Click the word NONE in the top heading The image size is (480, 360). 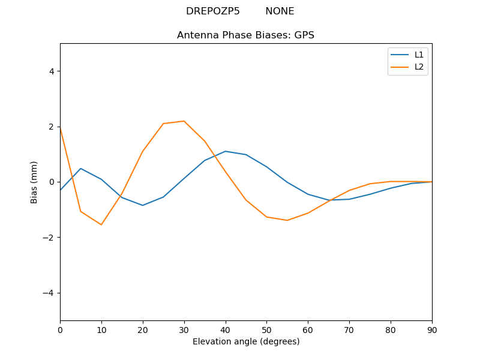pos(280,11)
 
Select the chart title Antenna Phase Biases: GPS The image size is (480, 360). pos(245,35)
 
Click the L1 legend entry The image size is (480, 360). pos(419,55)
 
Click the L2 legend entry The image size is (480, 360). pos(419,67)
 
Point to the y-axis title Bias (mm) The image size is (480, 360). pos(35,182)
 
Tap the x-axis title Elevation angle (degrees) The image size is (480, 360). pos(245,342)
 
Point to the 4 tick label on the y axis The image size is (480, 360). pos(52,71)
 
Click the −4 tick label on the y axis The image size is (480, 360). pos(49,293)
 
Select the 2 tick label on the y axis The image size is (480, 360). pos(52,127)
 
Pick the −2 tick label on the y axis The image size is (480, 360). pos(49,238)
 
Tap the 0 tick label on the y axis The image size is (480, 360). pos(52,182)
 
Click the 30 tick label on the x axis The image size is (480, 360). pos(184,329)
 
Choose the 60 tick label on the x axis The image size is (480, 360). pos(308,329)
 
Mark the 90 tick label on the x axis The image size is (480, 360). pos(431,329)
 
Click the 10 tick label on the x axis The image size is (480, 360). pos(101,329)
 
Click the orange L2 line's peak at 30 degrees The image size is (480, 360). pos(184,121)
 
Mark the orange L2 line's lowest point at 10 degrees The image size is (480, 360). pos(101,224)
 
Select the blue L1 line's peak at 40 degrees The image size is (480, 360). pos(226,151)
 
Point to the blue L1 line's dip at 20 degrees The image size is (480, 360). pos(143,205)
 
